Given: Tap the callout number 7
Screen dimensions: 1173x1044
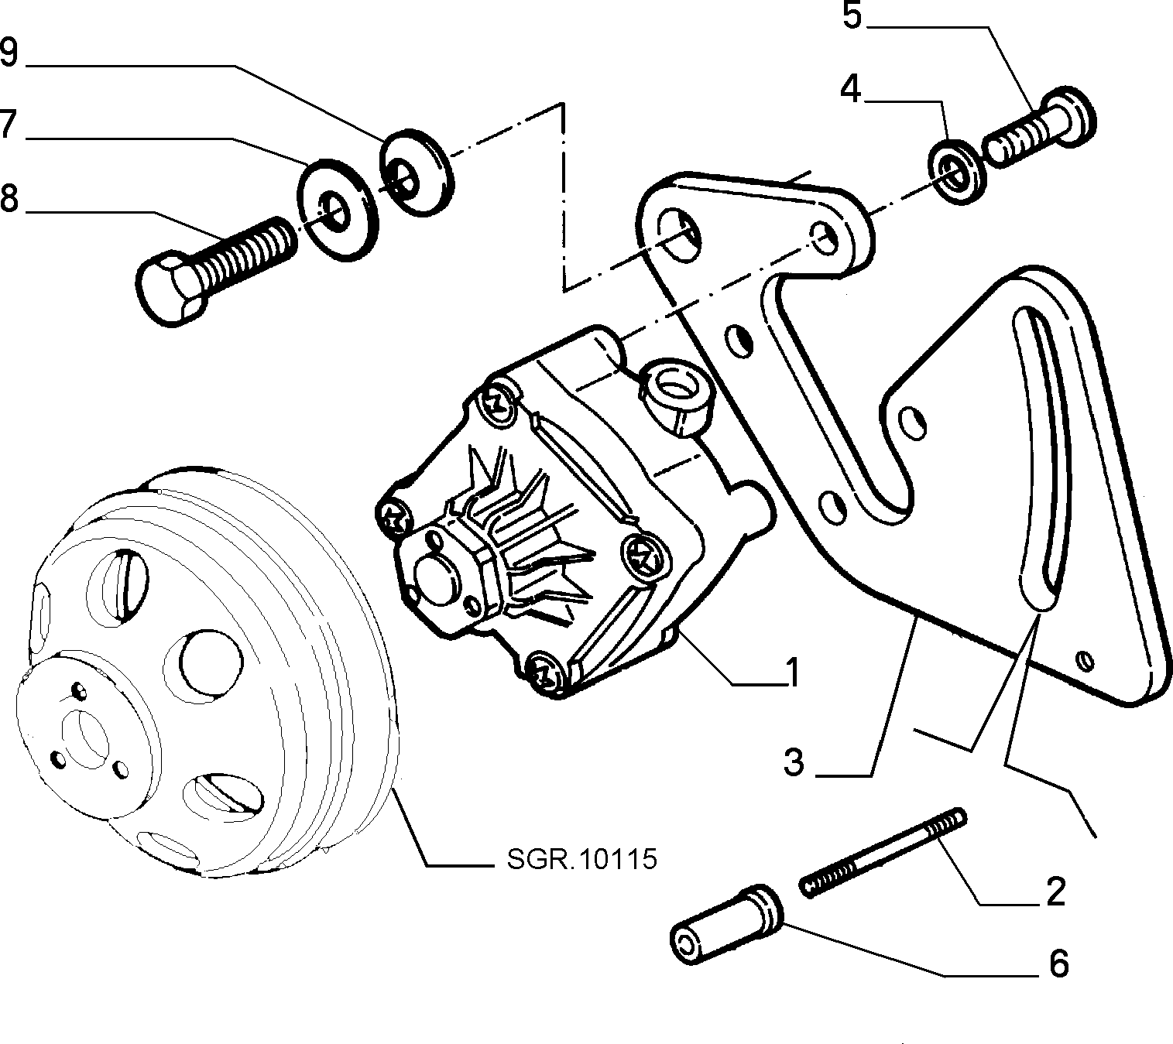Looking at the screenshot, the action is point(7,124).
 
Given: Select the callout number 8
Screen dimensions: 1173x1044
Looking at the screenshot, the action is point(9,198).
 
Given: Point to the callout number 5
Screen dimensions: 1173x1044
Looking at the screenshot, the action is point(852,15).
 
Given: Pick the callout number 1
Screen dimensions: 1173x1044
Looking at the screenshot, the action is point(792,673).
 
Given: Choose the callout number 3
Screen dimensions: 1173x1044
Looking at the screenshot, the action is point(794,762).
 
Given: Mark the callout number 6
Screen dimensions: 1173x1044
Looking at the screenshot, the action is point(1059,964).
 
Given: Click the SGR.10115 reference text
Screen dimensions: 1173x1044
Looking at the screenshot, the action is point(582,859).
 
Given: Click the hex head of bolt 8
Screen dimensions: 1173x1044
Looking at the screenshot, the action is point(172,288).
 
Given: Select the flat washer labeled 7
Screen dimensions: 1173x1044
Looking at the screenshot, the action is point(338,210).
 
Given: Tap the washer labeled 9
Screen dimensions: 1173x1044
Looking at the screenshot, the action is point(417,173).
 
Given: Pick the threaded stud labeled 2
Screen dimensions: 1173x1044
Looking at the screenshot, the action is point(883,853).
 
